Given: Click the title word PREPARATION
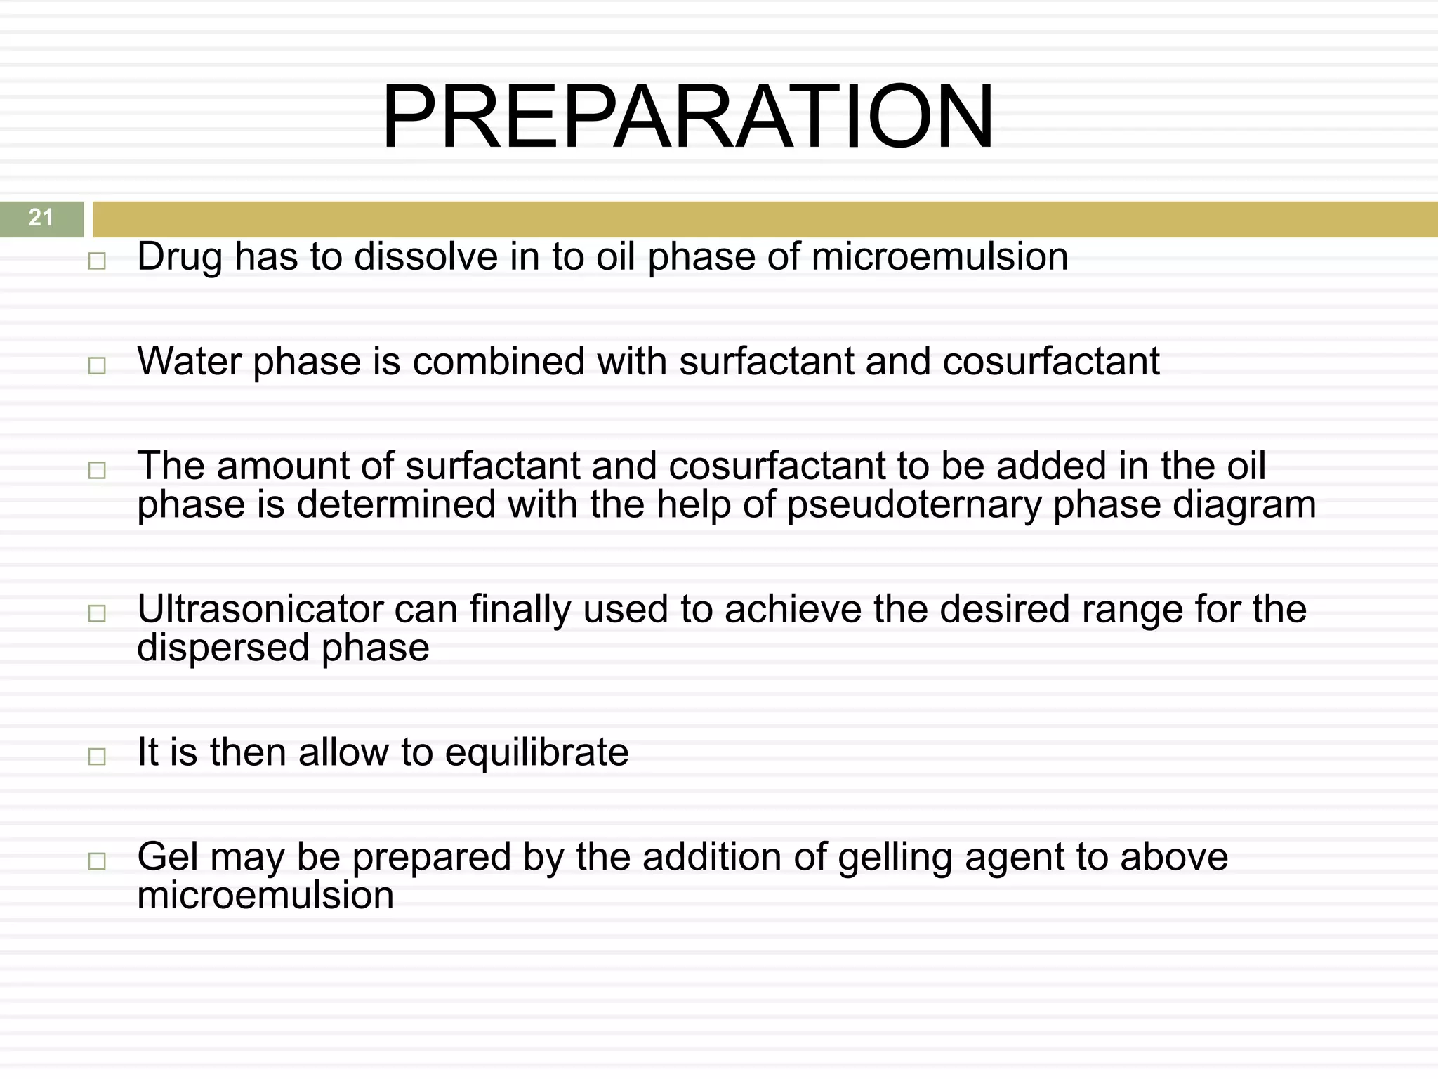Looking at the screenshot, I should point(687,117).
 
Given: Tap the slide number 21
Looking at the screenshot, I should point(41,218).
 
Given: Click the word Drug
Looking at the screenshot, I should point(180,257).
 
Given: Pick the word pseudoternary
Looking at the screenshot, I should point(913,506).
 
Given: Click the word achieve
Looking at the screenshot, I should point(793,609).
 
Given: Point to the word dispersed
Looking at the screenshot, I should point(223,648).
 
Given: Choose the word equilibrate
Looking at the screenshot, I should point(536,752).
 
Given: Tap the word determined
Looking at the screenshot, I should point(396,504).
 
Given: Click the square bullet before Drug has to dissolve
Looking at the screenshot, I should point(97,261).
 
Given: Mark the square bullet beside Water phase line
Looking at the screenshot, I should point(97,366).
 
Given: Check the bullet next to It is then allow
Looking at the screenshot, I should point(97,757).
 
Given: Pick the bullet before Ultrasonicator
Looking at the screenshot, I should point(97,613).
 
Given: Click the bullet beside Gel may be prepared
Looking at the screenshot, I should point(97,861).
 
